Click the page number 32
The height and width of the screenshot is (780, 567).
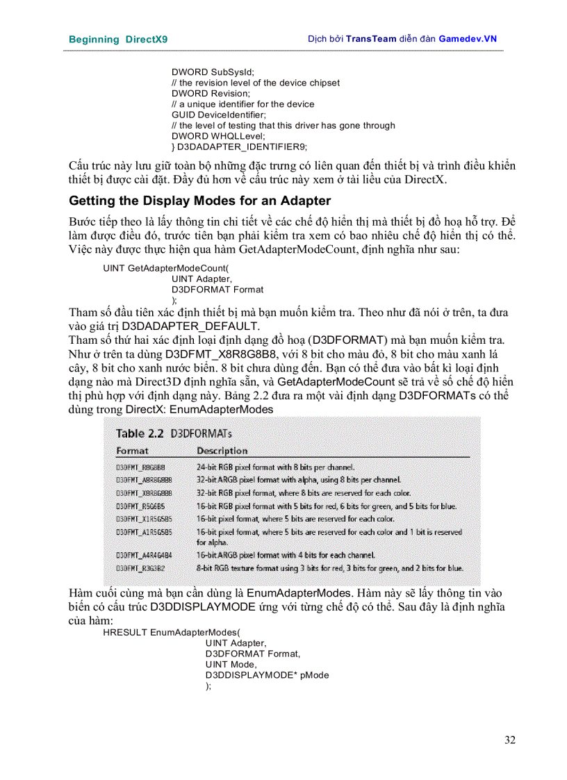click(x=509, y=740)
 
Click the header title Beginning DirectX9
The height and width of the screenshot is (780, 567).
click(x=118, y=40)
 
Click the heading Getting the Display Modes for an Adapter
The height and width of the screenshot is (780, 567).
click(x=200, y=201)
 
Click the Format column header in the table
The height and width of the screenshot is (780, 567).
click(x=132, y=451)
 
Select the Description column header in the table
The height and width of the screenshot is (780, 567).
click(x=222, y=451)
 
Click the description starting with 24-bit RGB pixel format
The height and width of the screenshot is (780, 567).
click(x=276, y=467)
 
